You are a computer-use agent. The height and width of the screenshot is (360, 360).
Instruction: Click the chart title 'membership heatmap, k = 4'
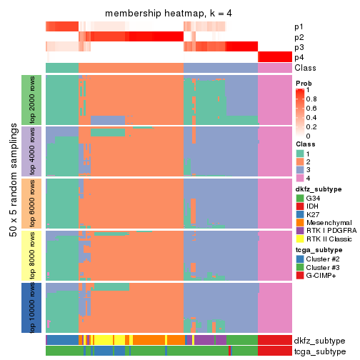click(x=169, y=14)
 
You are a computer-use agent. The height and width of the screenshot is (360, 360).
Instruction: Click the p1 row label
click(x=299, y=26)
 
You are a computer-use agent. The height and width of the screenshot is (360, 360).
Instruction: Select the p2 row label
click(x=299, y=36)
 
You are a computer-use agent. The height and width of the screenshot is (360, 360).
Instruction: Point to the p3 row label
click(x=299, y=47)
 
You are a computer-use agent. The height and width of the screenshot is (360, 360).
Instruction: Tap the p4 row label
click(x=299, y=57)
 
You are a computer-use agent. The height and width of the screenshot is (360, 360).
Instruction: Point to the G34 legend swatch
click(x=299, y=198)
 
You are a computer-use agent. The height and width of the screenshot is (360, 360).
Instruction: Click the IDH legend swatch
click(x=299, y=207)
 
